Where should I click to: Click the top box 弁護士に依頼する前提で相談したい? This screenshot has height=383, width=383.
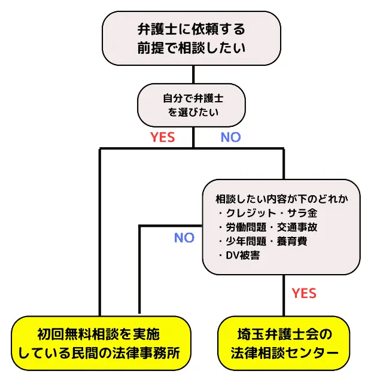[191, 38]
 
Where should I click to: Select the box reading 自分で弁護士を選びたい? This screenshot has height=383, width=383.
[193, 104]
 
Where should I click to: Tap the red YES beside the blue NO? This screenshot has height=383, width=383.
[162, 137]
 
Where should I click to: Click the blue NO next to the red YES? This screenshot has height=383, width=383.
[230, 137]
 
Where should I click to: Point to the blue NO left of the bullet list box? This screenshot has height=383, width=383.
[184, 238]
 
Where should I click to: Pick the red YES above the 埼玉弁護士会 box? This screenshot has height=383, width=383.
[304, 293]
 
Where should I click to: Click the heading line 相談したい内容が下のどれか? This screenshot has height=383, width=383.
[281, 199]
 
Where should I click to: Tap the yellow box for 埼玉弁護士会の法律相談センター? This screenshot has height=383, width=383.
[284, 344]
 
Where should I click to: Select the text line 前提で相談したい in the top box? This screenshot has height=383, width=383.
[191, 47]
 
